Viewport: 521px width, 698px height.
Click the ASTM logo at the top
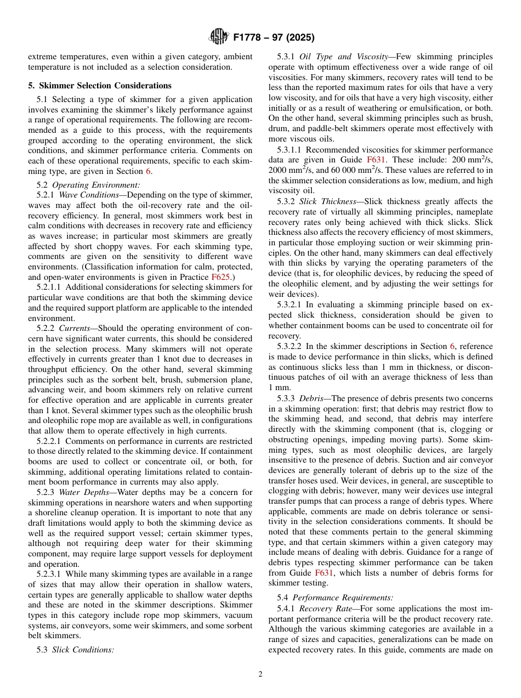(219, 37)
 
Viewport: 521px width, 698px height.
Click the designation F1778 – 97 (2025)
(274, 38)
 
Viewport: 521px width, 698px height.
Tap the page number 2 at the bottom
(260, 674)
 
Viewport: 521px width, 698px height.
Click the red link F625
(220, 277)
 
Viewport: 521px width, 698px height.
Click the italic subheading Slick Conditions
(83, 650)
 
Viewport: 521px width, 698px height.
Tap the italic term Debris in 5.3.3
(313, 398)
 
